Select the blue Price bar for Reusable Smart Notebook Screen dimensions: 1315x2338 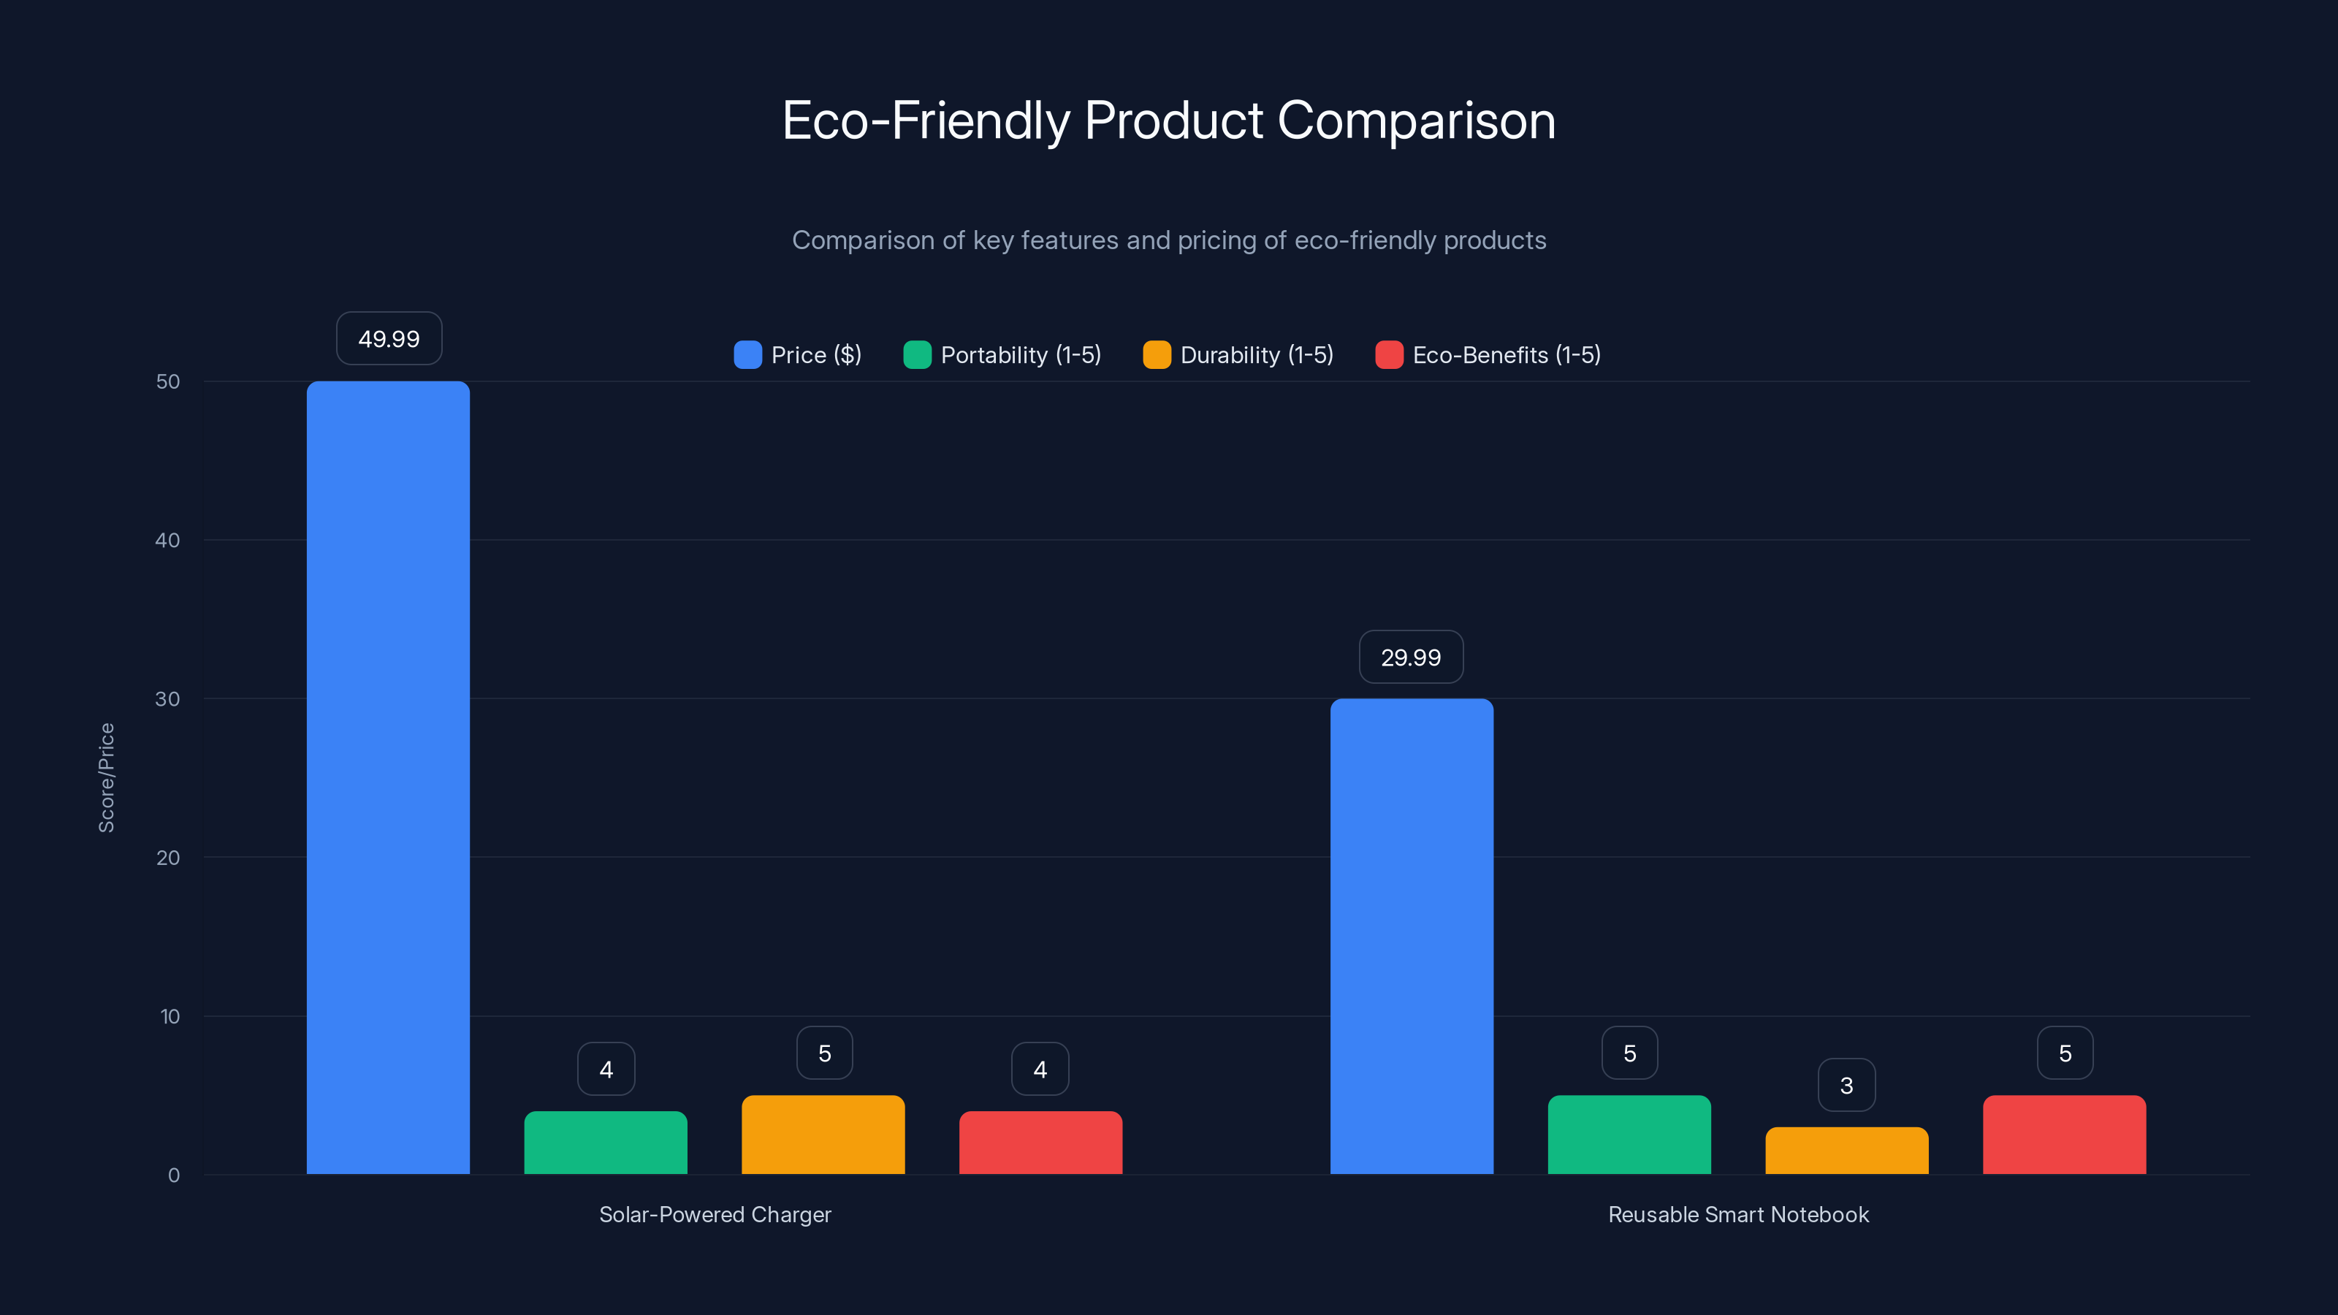click(1412, 936)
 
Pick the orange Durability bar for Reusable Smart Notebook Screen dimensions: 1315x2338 click(1846, 1150)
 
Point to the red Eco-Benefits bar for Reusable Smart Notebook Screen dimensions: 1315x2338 click(2064, 1135)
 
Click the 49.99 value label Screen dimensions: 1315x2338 click(389, 338)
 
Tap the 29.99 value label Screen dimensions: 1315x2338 click(1410, 657)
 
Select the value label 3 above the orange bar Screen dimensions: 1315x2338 click(1846, 1086)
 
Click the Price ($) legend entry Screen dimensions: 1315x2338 click(798, 355)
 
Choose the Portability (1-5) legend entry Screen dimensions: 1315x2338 click(1003, 355)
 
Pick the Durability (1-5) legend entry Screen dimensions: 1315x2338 click(1239, 355)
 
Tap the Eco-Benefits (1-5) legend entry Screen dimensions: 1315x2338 click(1488, 355)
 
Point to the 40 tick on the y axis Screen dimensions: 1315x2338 click(168, 540)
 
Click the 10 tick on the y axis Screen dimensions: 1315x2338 click(170, 1016)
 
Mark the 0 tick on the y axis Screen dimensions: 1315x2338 click(173, 1175)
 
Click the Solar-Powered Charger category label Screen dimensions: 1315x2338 click(715, 1214)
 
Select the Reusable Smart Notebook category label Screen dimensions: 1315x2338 click(1738, 1214)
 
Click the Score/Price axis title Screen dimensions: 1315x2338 click(106, 778)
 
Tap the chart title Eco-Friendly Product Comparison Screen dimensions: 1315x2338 click(1169, 121)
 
